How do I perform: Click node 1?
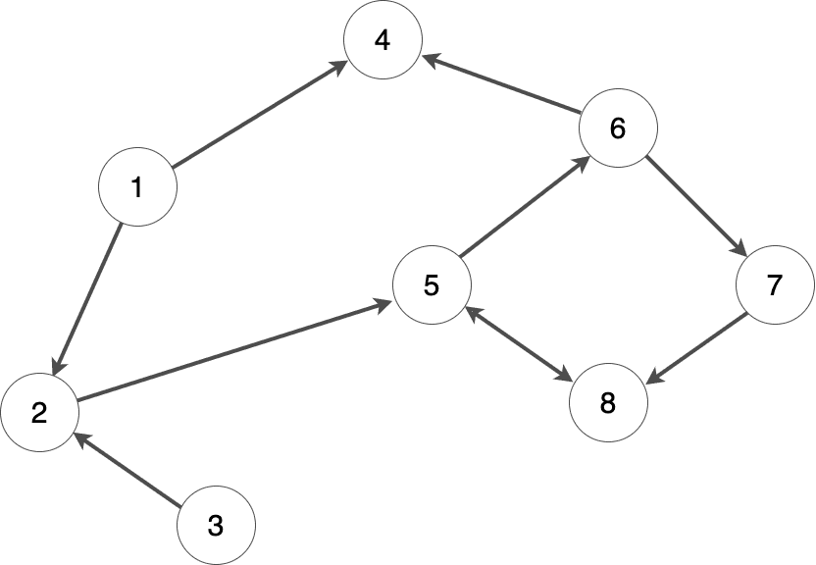137,186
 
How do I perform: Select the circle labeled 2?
39,412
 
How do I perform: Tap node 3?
216,526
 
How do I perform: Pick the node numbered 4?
382,40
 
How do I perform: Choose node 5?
432,285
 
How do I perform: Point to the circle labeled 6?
618,128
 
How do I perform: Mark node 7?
775,285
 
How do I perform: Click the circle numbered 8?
608,403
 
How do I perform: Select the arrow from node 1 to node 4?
260,113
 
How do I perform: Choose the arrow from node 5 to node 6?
525,207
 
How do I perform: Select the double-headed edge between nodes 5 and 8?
518,342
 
